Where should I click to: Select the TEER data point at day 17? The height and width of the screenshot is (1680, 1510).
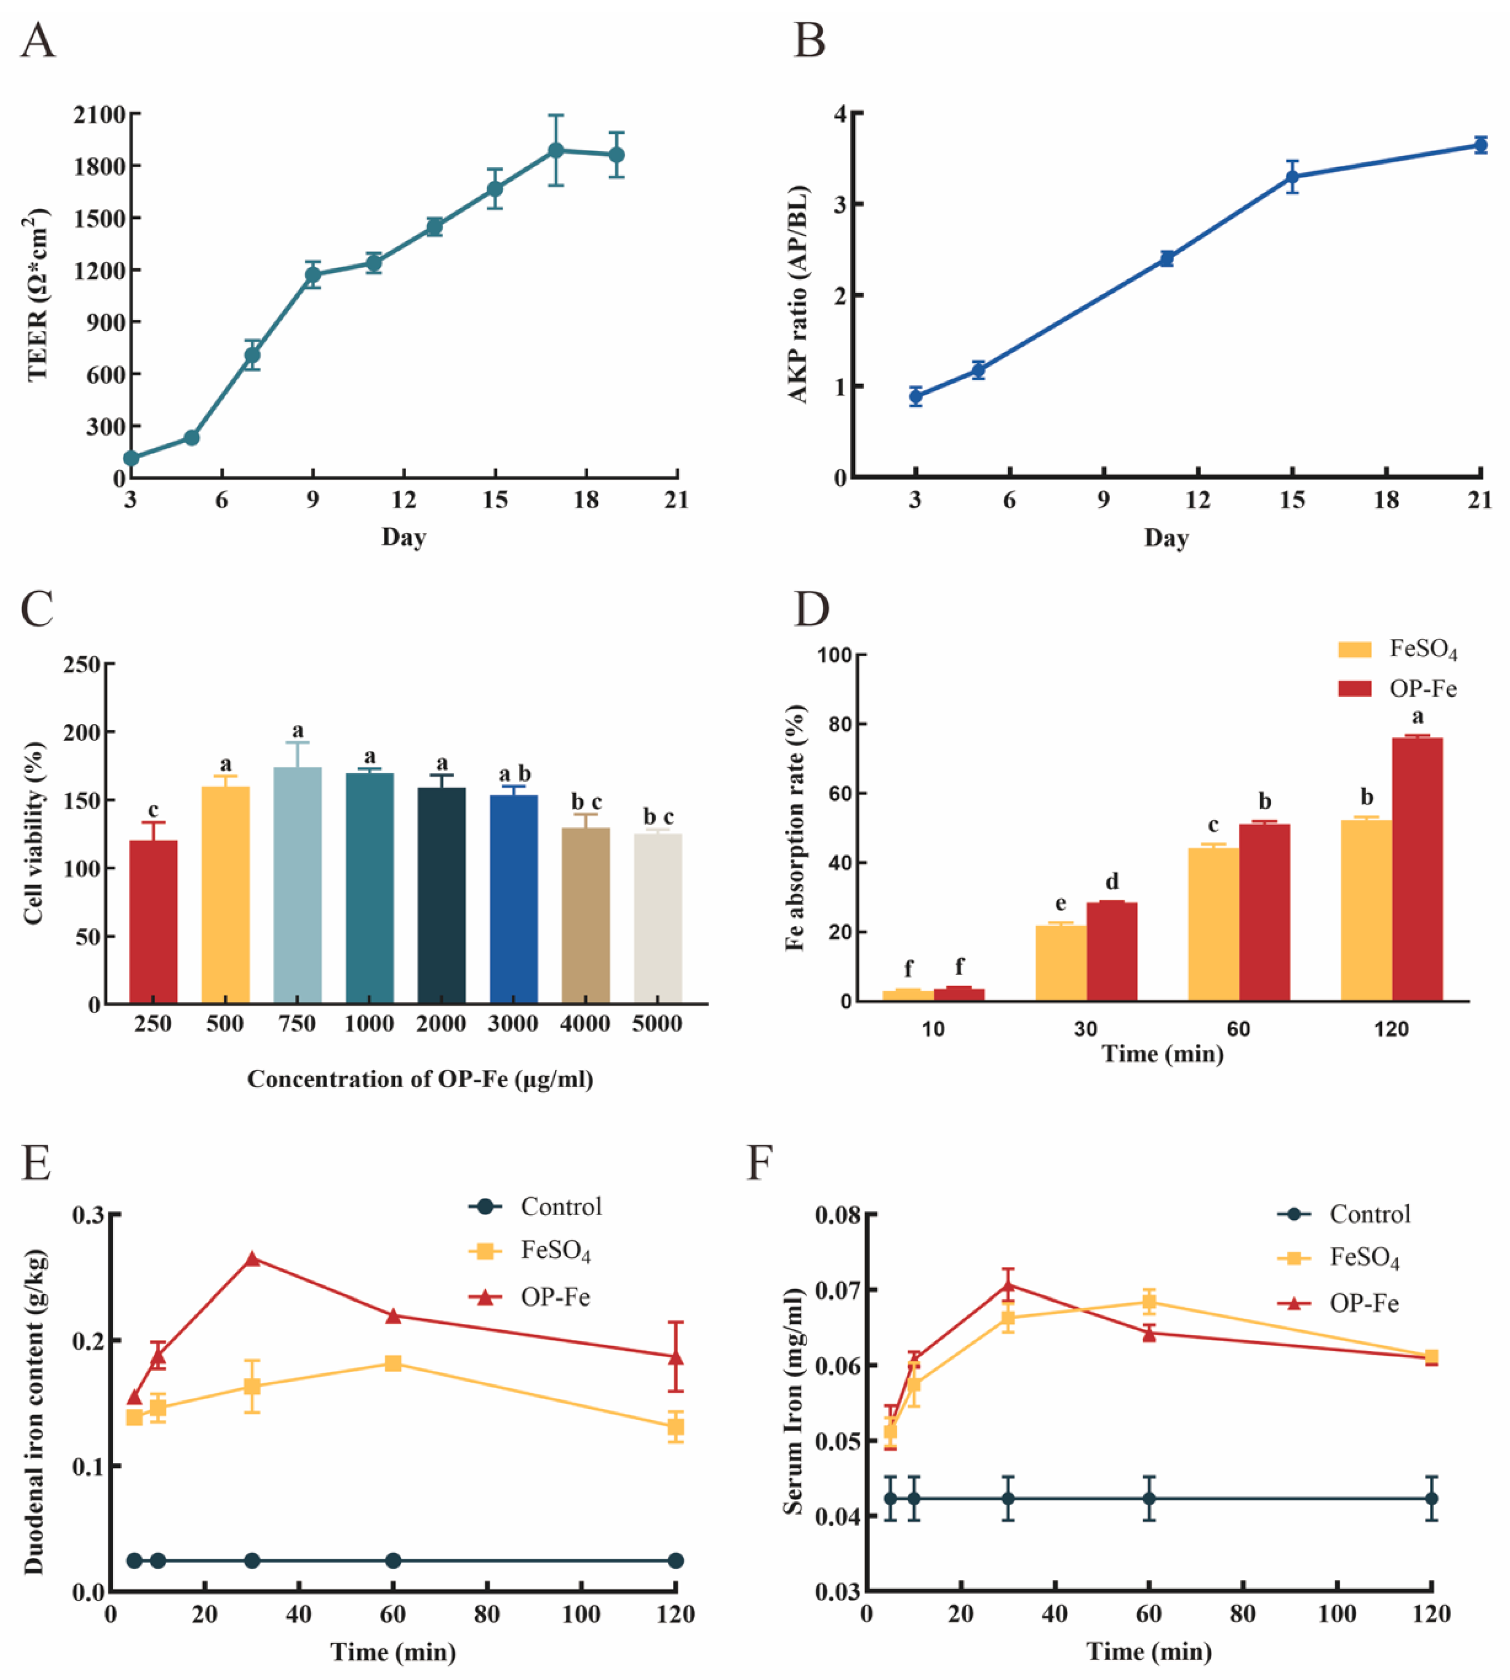(556, 150)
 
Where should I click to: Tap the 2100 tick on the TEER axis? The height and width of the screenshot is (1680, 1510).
(99, 115)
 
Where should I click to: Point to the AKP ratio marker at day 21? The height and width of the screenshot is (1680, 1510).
(1480, 145)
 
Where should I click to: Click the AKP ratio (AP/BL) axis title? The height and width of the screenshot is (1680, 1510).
(798, 294)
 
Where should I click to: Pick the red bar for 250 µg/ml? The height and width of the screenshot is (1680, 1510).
(154, 921)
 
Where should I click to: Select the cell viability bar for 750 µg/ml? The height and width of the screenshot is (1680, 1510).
(297, 885)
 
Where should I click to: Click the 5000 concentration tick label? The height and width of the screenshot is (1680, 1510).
(657, 1023)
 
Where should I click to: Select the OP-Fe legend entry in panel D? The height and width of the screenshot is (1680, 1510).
(1397, 688)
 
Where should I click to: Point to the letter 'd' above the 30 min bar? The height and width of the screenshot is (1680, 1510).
(1112, 881)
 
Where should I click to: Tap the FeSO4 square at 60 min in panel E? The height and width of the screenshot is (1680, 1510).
(393, 1363)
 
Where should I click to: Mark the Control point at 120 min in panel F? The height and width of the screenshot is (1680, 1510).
(1431, 1498)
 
